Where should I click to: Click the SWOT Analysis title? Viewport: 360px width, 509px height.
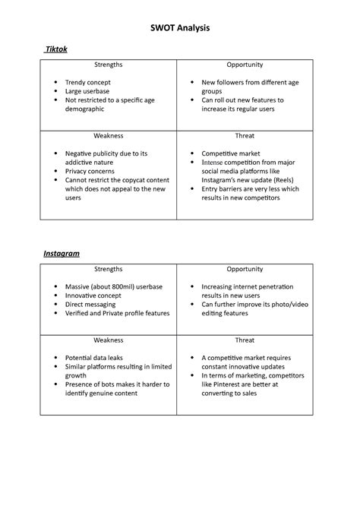179,28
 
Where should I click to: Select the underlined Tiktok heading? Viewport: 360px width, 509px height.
56,49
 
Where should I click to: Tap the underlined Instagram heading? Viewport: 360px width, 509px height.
62,253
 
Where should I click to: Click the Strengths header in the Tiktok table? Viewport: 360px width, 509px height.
109,65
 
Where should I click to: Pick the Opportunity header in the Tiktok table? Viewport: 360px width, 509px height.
245,65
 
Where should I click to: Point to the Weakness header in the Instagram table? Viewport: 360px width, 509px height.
109,340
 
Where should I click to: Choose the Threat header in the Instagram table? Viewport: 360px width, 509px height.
245,340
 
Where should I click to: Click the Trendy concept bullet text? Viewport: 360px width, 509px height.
88,82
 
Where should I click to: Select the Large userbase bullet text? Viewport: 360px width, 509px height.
88,91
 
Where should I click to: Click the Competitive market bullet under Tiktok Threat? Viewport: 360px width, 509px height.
231,153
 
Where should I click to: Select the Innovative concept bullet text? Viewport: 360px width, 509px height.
96,296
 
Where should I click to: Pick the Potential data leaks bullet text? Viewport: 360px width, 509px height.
94,357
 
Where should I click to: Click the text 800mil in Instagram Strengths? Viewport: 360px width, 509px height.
125,286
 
